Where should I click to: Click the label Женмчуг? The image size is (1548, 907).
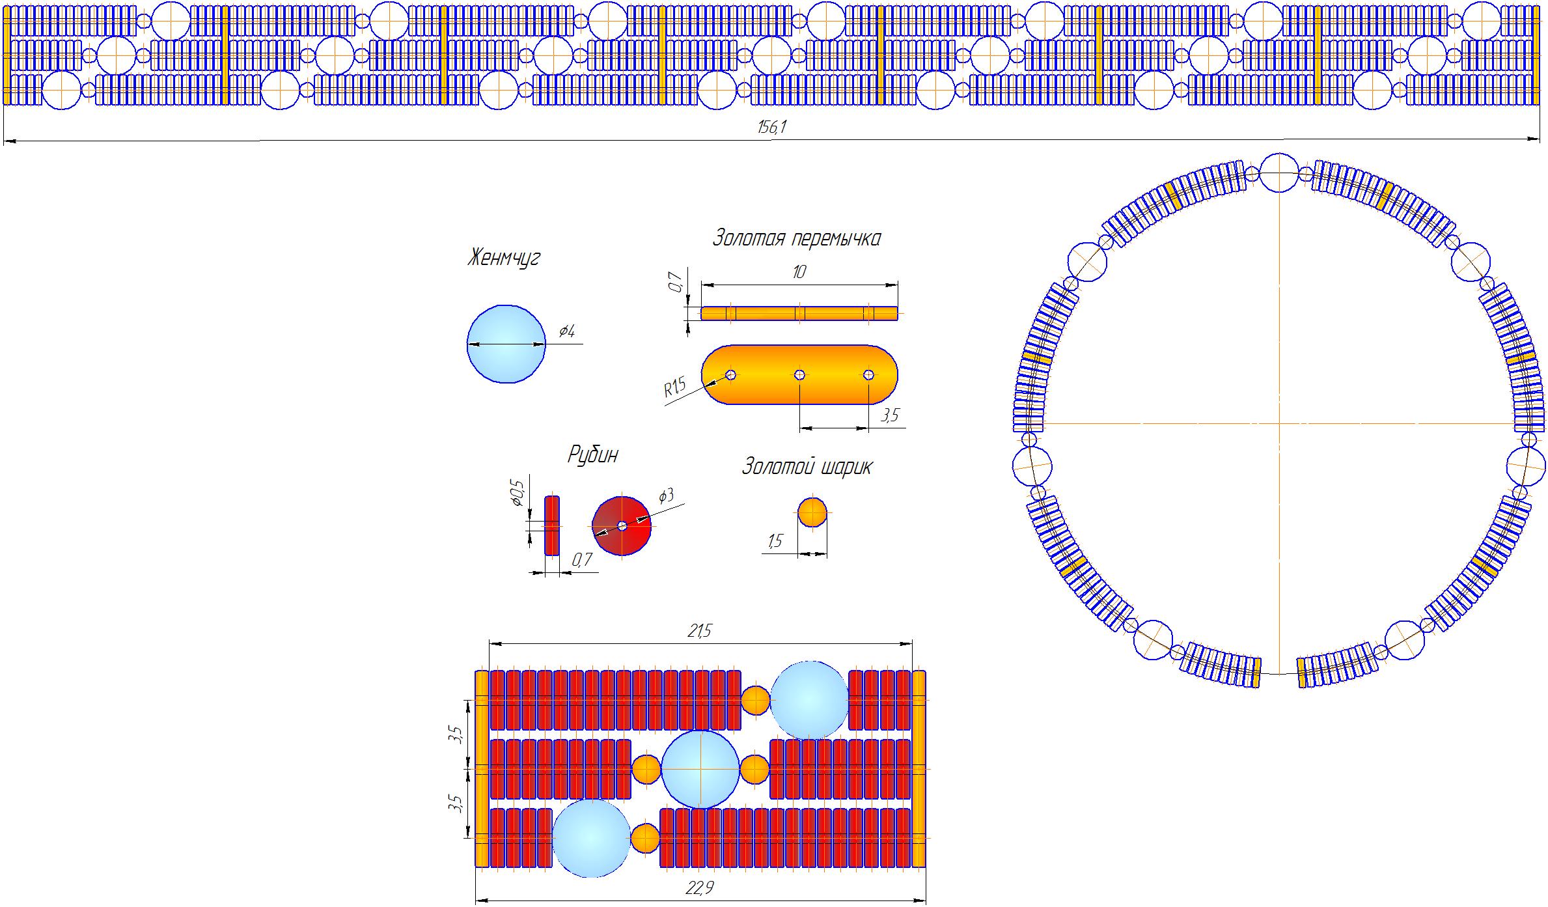503,258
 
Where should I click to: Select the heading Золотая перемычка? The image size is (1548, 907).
796,238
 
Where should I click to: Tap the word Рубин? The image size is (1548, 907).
592,454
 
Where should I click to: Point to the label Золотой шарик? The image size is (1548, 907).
807,467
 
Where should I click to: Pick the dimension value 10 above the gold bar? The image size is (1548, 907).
799,272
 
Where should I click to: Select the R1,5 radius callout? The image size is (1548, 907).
675,389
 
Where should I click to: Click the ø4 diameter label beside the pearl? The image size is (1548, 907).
567,331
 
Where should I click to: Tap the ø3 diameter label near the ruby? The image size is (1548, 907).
666,496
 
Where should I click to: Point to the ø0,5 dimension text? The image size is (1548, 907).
518,492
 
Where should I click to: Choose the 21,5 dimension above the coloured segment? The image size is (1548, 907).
700,631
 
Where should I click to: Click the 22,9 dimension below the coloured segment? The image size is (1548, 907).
700,888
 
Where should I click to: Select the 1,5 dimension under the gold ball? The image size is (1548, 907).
775,541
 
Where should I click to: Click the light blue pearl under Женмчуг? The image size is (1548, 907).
506,344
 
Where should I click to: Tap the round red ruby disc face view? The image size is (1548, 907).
622,525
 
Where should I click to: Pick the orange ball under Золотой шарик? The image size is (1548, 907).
812,512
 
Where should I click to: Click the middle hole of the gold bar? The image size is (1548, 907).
799,374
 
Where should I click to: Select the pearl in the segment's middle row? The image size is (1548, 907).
700,769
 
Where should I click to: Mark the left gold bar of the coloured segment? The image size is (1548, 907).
482,768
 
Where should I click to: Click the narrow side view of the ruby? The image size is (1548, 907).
551,525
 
